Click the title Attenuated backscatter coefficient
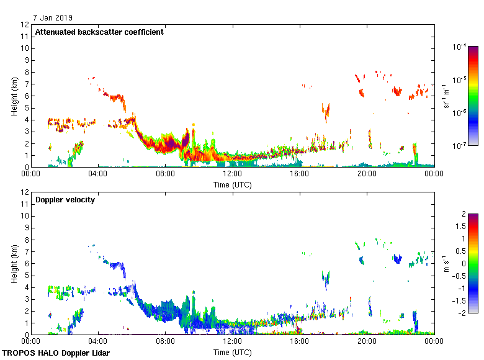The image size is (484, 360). (x=99, y=32)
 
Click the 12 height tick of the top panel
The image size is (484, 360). (x=25, y=25)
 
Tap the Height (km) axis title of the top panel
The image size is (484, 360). (x=14, y=96)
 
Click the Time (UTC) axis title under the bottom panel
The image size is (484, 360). (x=233, y=352)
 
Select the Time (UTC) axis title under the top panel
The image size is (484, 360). (x=233, y=184)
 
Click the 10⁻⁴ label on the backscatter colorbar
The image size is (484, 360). (x=459, y=47)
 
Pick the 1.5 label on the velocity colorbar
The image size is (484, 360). (x=462, y=227)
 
